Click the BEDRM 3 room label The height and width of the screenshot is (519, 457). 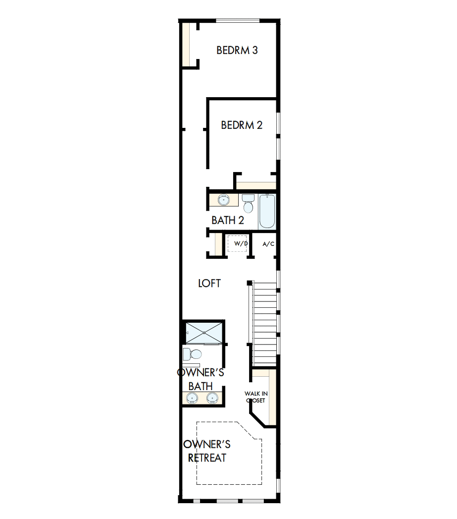tap(237, 51)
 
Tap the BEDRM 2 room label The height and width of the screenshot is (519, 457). tap(242, 125)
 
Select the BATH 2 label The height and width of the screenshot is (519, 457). tap(228, 221)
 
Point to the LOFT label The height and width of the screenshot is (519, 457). tap(209, 284)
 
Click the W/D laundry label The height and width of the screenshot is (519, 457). tap(241, 244)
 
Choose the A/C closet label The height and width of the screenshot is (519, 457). tap(268, 244)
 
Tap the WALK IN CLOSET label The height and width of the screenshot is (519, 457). tap(255, 397)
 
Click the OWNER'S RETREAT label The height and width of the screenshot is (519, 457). tap(207, 451)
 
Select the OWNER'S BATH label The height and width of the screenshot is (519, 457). tap(201, 379)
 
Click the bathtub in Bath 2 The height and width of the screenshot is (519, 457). tap(266, 212)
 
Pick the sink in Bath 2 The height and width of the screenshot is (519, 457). tap(224, 200)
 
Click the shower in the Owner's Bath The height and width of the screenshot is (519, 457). tap(204, 332)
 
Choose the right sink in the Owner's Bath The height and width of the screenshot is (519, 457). tap(212, 398)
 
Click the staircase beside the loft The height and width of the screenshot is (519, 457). tap(264, 322)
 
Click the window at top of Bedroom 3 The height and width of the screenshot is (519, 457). tap(237, 20)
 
